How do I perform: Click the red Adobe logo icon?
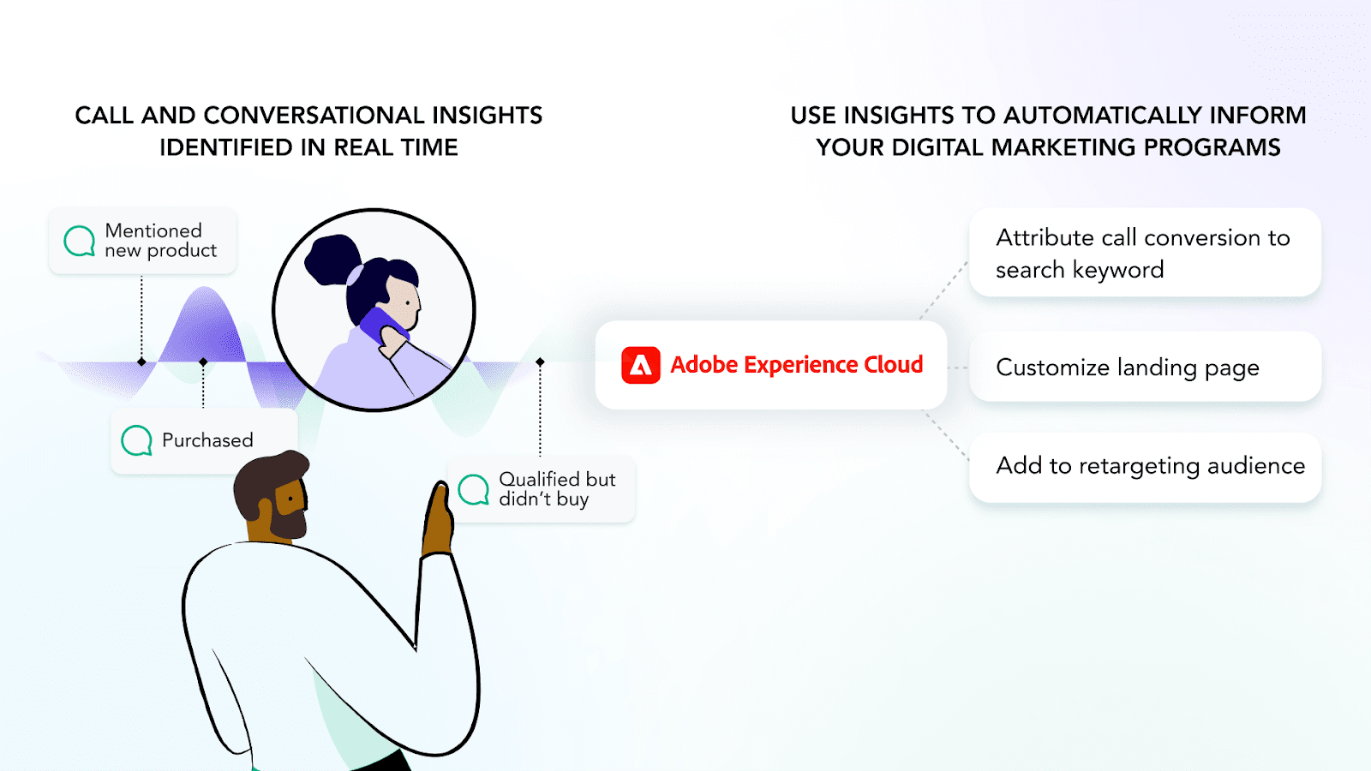pos(640,365)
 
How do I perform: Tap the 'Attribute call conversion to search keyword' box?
pos(1145,253)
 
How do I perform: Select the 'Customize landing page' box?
pos(1145,368)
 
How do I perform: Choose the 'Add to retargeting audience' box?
pos(1145,467)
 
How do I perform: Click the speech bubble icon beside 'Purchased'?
pos(136,440)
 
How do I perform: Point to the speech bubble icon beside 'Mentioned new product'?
pos(80,241)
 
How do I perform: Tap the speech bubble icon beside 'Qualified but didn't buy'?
pos(474,489)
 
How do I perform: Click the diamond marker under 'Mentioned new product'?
pos(141,362)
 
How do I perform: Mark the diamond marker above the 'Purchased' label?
pos(203,362)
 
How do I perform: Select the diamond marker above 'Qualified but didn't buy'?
pos(540,362)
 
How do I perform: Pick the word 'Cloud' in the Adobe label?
pos(894,365)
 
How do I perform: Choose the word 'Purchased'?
pos(207,440)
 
